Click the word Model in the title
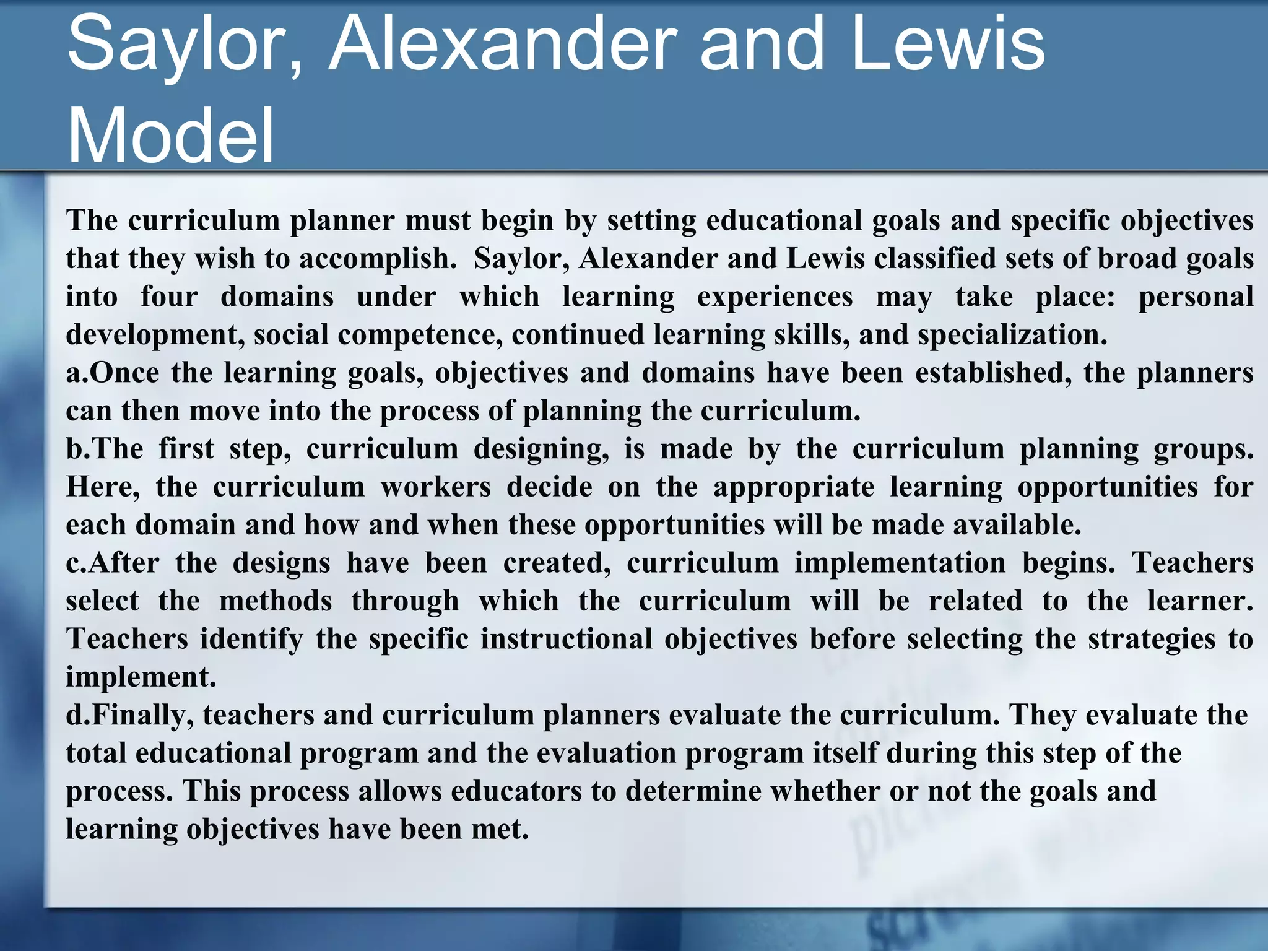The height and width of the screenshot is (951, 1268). [170, 135]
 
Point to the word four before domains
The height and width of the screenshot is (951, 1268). [169, 297]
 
